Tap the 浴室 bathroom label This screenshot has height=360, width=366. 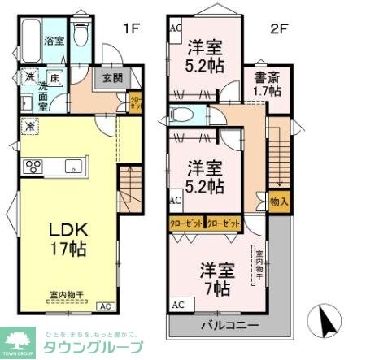tap(54, 40)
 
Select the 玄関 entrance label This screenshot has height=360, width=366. tap(112, 79)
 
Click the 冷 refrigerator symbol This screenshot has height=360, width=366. tap(28, 127)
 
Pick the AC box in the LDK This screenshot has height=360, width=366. tap(106, 306)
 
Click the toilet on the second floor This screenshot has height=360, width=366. tap(181, 114)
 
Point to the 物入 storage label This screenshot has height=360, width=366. tap(278, 201)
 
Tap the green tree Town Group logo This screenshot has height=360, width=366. tap(19, 342)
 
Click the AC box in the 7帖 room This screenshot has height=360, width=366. tap(178, 305)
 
